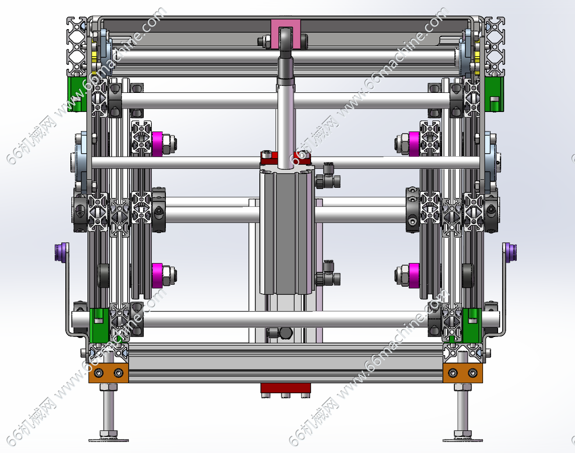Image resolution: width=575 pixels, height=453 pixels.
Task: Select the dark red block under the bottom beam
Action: [285, 388]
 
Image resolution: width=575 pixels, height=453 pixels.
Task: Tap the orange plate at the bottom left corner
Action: [109, 373]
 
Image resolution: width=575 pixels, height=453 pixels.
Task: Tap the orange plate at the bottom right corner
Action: [463, 373]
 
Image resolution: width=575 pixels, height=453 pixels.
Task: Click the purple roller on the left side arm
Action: [61, 252]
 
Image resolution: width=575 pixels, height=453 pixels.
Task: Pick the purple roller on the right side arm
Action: [510, 253]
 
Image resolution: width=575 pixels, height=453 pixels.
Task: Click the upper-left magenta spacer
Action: [157, 144]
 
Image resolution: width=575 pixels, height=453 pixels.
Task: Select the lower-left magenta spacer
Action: [157, 276]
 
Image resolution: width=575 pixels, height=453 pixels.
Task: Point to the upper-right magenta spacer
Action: [414, 144]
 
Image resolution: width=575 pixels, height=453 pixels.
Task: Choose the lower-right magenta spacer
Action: [414, 276]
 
